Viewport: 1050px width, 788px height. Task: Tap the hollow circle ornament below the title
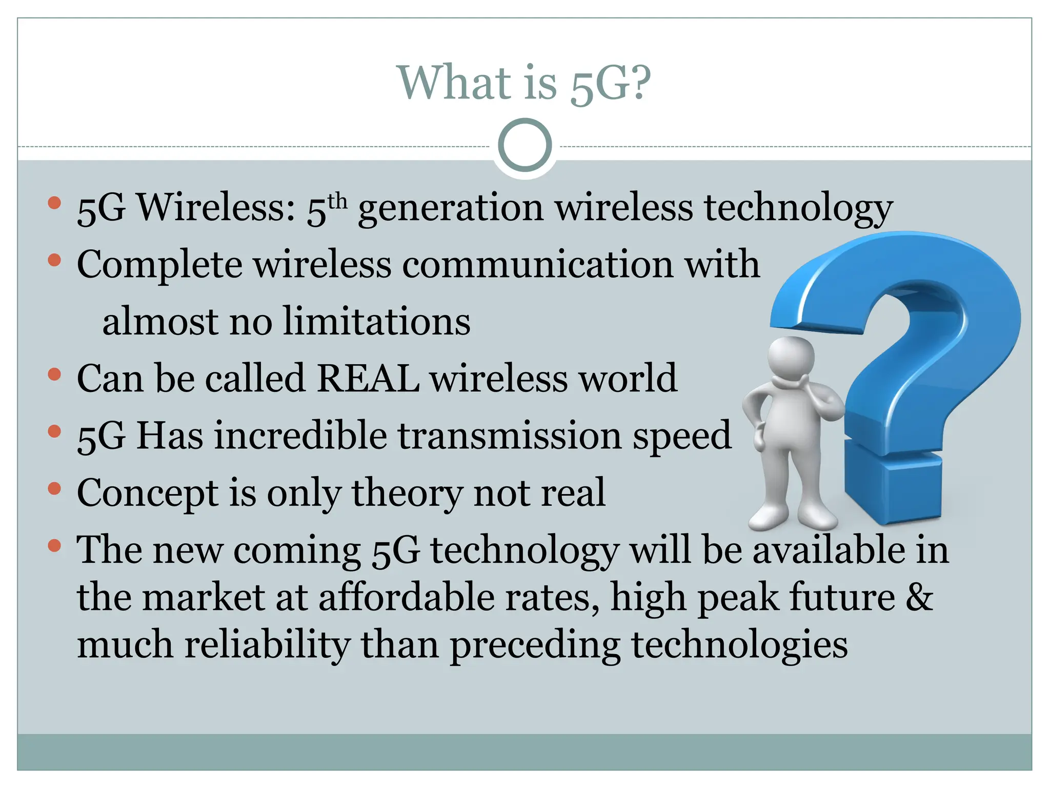(524, 145)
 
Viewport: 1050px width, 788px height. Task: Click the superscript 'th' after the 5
(337, 201)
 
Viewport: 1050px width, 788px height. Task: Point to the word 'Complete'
(159, 265)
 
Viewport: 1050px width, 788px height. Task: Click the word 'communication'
(538, 265)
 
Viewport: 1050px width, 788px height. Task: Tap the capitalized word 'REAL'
(368, 379)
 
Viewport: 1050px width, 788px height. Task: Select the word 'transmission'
(509, 436)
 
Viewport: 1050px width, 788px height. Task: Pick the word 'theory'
(407, 493)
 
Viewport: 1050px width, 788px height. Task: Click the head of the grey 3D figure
(791, 360)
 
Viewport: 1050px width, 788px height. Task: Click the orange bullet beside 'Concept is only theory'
(54, 488)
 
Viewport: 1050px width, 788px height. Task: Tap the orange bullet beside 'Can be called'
(54, 374)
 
